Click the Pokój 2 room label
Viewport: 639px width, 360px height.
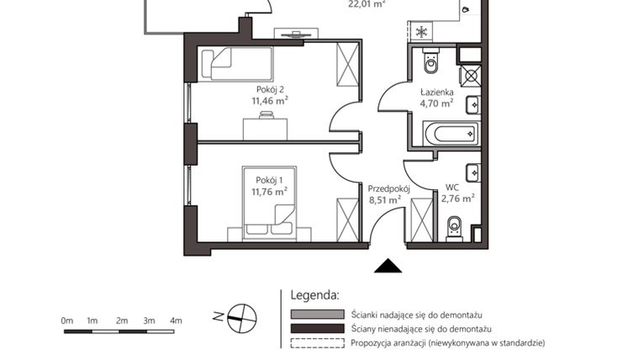pos(269,87)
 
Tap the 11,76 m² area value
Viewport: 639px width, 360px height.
pos(269,191)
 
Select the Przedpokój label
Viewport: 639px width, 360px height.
pos(388,188)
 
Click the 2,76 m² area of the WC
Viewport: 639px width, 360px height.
pos(458,199)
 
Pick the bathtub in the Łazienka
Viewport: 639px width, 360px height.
pos(452,134)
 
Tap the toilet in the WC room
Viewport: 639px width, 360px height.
pos(455,225)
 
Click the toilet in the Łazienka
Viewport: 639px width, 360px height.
pos(431,61)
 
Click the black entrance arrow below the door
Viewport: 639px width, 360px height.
pos(388,267)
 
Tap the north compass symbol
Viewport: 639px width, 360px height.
pos(242,316)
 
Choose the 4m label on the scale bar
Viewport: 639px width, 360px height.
pos(176,320)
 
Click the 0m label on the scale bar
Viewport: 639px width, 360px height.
pos(67,320)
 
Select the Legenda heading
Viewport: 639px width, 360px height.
pos(314,295)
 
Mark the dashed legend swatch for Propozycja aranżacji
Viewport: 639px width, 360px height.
pos(317,343)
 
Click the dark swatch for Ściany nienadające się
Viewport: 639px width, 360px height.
pos(317,328)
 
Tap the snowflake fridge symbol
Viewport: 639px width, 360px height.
pos(421,32)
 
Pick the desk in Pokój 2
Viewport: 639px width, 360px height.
pos(266,128)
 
